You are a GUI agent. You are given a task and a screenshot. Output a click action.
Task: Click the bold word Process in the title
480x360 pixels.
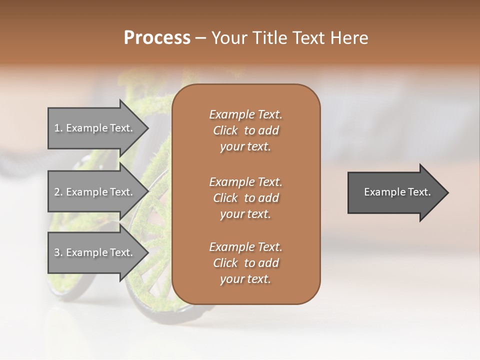[157, 38]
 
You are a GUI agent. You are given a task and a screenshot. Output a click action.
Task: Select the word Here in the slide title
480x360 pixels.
[349, 38]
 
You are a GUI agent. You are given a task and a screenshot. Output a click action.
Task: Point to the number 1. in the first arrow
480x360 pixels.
[58, 128]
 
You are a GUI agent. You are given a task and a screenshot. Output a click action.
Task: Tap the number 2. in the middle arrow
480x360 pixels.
[58, 192]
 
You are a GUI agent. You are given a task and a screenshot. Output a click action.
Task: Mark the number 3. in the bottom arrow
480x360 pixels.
[58, 252]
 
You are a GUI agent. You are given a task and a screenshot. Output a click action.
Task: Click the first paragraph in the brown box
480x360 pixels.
[245, 130]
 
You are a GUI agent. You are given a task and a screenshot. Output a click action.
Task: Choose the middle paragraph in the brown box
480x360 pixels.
[245, 198]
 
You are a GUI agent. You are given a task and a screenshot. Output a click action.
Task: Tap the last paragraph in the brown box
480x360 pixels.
[245, 263]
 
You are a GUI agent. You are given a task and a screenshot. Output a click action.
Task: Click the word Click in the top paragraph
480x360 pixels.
[225, 130]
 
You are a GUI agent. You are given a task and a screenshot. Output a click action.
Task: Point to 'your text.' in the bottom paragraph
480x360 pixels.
[245, 279]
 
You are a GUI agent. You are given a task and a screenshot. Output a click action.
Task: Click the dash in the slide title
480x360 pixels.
[200, 38]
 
